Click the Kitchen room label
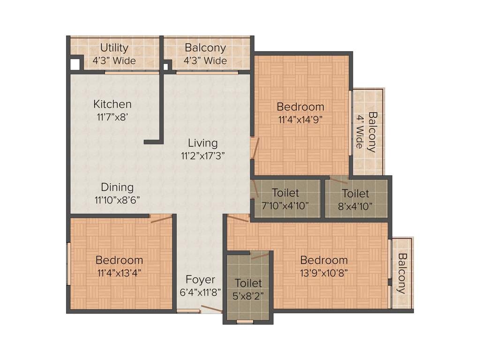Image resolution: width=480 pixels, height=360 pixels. (x=112, y=104)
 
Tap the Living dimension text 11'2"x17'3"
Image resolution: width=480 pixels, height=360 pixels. (x=202, y=155)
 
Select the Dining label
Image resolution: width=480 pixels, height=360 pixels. (x=117, y=187)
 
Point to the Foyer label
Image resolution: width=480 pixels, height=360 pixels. (x=200, y=280)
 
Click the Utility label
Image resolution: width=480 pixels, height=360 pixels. (x=114, y=48)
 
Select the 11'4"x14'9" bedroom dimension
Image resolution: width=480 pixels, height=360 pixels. (x=300, y=119)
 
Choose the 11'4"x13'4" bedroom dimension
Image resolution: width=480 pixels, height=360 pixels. (x=119, y=272)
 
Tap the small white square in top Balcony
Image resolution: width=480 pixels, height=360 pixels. (x=165, y=66)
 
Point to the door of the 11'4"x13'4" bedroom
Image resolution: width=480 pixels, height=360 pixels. (x=161, y=218)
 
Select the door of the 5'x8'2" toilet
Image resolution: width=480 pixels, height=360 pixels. (x=260, y=256)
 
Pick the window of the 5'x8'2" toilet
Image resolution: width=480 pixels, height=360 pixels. (x=245, y=322)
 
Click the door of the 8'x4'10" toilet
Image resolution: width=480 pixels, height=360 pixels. (x=338, y=180)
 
